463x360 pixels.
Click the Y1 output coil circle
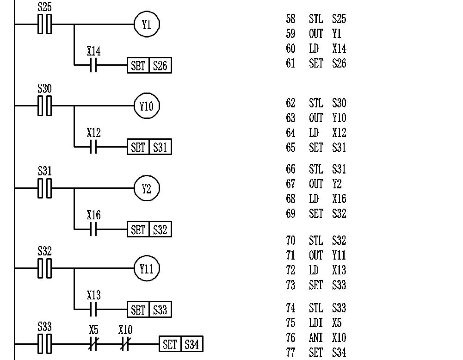click(147, 25)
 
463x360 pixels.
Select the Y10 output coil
click(147, 106)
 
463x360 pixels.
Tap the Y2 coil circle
click(147, 188)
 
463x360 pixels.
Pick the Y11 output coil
click(147, 268)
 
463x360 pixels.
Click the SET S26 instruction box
click(149, 65)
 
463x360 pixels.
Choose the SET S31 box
click(149, 148)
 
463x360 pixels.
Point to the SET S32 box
click(149, 229)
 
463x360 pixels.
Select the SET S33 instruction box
click(149, 310)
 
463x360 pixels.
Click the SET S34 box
click(181, 344)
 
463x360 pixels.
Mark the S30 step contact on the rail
click(45, 106)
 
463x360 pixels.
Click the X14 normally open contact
click(93, 65)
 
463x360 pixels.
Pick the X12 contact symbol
click(93, 148)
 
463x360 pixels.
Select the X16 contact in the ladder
click(93, 229)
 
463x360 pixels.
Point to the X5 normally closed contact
click(94, 344)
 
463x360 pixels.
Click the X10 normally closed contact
click(125, 344)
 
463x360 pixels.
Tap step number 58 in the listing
click(290, 19)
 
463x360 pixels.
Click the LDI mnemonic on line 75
click(316, 323)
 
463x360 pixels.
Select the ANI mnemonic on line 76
click(316, 338)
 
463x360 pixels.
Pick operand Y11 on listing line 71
click(339, 255)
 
